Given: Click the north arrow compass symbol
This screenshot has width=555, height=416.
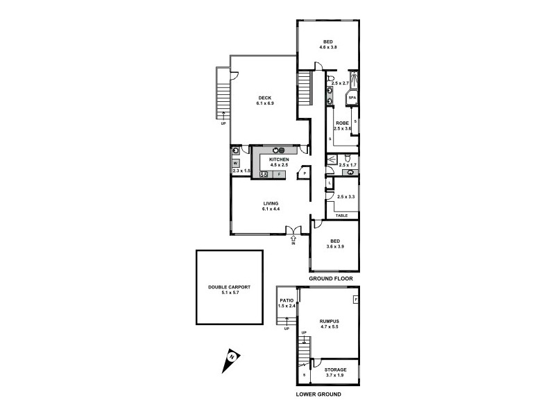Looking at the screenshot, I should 230,358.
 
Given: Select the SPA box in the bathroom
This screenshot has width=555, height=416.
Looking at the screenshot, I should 353,98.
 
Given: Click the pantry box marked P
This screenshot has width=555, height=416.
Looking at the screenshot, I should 304,174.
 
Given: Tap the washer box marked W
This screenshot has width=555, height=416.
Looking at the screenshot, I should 236,163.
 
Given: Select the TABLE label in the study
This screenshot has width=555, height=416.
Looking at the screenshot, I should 341,216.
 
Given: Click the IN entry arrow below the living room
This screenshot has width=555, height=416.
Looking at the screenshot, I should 294,240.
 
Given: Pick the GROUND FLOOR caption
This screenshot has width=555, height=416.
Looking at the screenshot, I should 332,279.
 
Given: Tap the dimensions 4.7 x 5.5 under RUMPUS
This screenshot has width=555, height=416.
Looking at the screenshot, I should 328,327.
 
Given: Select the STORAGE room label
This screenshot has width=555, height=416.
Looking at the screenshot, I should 334,370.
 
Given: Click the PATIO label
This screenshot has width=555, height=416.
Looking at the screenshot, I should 287,300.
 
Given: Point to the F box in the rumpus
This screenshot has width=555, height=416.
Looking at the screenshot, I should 355,300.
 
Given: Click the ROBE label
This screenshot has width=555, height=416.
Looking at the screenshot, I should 342,123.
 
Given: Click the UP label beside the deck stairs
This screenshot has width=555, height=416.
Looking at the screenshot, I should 223,123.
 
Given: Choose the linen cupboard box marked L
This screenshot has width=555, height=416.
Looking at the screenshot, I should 330,183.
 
